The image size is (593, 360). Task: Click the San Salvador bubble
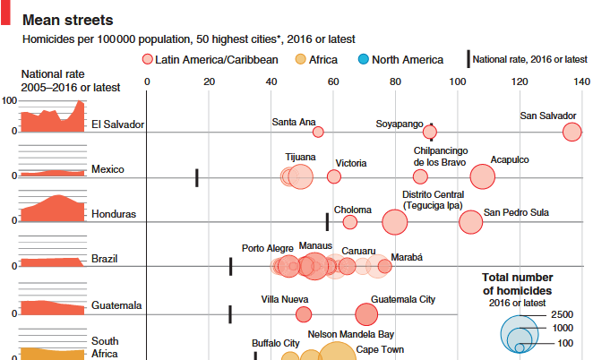click(x=572, y=133)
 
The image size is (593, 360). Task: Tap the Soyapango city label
click(x=400, y=122)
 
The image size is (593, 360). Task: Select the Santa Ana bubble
click(x=318, y=133)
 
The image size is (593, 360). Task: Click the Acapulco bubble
click(x=482, y=176)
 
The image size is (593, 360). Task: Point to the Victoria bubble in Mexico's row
click(x=334, y=176)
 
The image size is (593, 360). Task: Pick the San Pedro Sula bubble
click(x=469, y=221)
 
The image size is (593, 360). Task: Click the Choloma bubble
click(x=350, y=222)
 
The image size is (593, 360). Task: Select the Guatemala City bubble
click(x=366, y=314)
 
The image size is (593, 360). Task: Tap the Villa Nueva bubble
click(x=304, y=314)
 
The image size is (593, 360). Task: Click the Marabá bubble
click(x=384, y=266)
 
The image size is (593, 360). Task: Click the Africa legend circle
click(x=300, y=60)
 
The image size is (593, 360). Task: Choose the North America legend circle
click(x=363, y=60)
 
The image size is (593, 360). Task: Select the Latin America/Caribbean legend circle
click(x=147, y=60)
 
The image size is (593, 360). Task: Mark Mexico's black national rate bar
click(x=196, y=177)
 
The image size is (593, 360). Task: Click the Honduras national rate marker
click(x=327, y=220)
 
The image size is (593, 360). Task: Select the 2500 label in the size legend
click(x=562, y=315)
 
